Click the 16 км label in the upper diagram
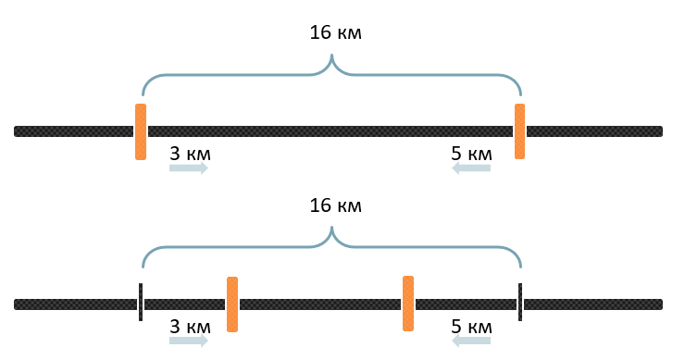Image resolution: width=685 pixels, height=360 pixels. (x=335, y=32)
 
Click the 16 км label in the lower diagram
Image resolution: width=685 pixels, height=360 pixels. (x=335, y=205)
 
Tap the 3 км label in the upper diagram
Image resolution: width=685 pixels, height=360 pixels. (x=190, y=154)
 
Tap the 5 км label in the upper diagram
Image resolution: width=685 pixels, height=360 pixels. (x=471, y=154)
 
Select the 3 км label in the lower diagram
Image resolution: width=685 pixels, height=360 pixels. (x=190, y=327)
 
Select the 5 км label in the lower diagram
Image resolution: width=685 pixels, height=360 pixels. (x=471, y=327)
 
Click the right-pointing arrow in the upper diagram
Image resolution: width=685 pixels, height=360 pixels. (x=189, y=168)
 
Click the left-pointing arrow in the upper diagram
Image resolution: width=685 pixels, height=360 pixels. (x=471, y=168)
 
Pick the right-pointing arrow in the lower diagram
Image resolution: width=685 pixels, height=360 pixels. (x=189, y=341)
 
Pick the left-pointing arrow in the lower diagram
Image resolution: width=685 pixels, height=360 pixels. (x=471, y=341)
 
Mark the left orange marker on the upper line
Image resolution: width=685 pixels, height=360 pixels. (x=141, y=131)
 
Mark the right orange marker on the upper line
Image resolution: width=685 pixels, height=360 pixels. (x=519, y=131)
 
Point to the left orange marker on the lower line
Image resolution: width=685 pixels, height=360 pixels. (x=232, y=304)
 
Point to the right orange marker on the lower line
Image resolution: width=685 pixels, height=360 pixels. (x=408, y=304)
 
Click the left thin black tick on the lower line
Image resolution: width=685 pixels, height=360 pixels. (x=141, y=302)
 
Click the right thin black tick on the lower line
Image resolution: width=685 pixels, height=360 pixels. (x=520, y=302)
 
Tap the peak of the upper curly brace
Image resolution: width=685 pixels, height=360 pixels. (x=332, y=55)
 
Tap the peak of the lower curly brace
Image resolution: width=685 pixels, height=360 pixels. (x=332, y=227)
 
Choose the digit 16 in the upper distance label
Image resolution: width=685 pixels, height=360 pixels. (x=320, y=32)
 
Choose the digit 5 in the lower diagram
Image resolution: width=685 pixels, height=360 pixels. (x=456, y=327)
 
